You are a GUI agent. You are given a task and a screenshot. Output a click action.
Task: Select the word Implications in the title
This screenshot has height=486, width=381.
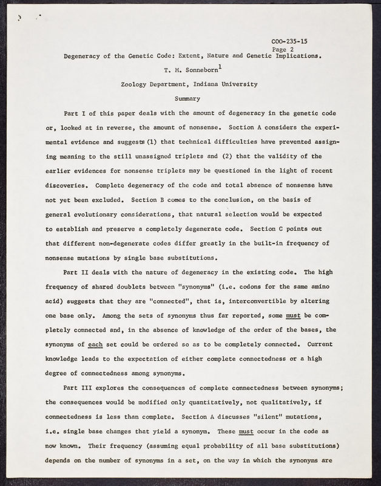297,56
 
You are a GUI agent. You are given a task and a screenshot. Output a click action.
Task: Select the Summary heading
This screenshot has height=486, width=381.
187,98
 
